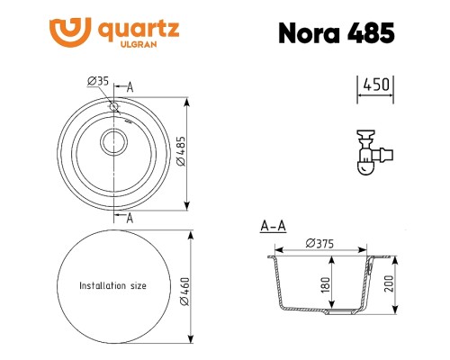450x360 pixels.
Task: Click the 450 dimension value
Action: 375,86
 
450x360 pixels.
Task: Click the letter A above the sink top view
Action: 130,86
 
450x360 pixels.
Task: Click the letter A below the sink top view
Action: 130,218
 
